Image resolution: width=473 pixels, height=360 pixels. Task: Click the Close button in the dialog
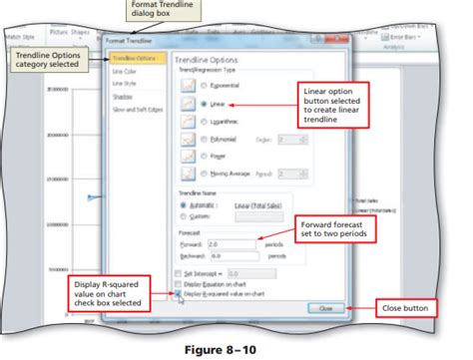(x=325, y=308)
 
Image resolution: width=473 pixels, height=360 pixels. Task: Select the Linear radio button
(x=204, y=103)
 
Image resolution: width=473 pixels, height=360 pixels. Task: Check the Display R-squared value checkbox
(x=178, y=294)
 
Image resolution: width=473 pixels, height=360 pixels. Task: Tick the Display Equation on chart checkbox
(x=178, y=283)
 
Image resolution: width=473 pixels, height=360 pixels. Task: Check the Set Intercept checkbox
(x=178, y=271)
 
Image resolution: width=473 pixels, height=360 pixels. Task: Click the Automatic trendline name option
(x=179, y=203)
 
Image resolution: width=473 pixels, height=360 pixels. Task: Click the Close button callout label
(x=404, y=308)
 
